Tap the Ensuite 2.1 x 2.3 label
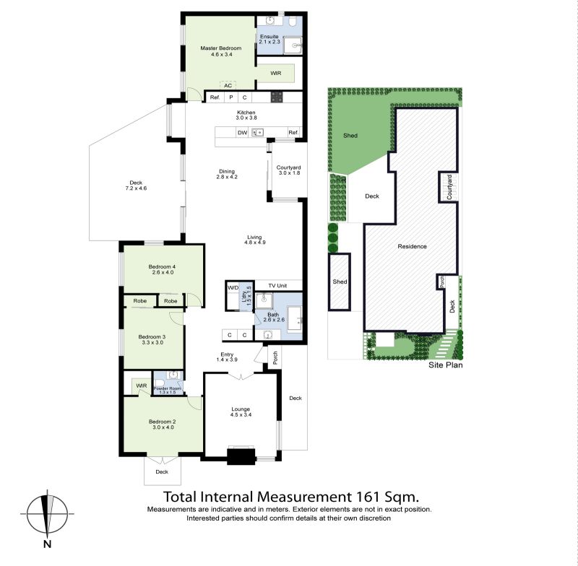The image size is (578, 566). pos(269,39)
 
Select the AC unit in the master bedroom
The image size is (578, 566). pos(228,85)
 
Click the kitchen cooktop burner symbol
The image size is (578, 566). pos(277,97)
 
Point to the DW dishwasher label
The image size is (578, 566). pos(242,133)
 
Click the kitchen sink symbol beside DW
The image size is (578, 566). pos(258,132)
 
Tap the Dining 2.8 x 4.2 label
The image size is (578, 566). pos(227,174)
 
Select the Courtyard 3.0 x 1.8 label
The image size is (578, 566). pos(288,170)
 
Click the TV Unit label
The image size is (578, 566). pos(277,286)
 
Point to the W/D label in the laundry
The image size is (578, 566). pos(233,287)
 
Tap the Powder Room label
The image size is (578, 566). pos(168,388)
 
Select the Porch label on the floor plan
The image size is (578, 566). pos(275,357)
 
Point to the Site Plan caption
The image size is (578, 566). pos(445,365)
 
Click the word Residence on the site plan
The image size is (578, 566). pos(412,246)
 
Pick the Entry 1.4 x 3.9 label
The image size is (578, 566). pos(227,357)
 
